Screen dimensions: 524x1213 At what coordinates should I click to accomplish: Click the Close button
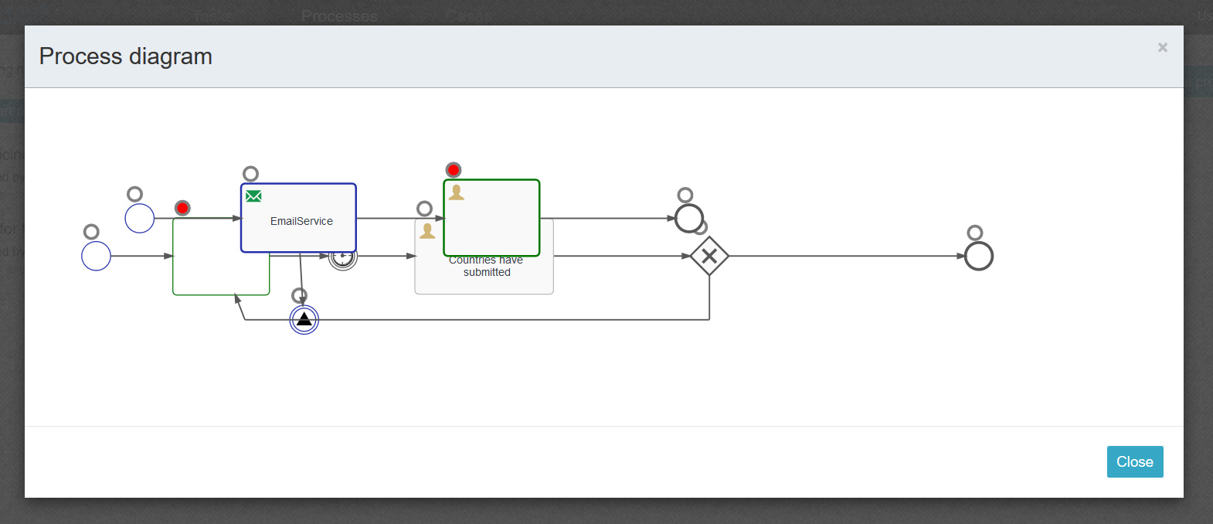pos(1134,461)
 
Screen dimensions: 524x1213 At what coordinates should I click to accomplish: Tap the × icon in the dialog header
pos(1162,48)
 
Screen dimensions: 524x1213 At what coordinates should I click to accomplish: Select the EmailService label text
pos(301,221)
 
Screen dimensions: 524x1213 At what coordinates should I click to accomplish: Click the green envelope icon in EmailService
pos(253,196)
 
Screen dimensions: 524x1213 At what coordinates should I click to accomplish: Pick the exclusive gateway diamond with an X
pos(709,256)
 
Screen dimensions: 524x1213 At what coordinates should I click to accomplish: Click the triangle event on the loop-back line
pos(304,319)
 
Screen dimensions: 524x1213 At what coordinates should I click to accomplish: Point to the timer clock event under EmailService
pos(344,258)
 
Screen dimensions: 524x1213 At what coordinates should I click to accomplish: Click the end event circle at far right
pos(979,256)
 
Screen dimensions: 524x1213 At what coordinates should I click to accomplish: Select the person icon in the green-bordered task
pos(457,192)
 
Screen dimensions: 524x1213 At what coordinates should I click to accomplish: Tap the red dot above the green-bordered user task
pos(454,170)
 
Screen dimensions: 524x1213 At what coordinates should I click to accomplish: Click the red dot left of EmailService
pos(182,208)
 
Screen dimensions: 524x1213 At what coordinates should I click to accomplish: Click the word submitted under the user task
pos(487,272)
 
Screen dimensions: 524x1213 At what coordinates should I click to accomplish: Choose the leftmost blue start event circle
pos(97,256)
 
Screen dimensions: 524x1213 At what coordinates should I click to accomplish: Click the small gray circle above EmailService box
pos(250,174)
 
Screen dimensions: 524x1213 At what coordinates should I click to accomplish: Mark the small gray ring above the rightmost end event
pos(975,233)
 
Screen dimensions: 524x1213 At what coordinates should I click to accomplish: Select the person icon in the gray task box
pos(427,230)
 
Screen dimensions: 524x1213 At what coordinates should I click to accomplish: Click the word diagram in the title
pos(170,56)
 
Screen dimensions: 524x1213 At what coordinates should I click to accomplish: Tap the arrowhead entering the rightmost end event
pos(960,256)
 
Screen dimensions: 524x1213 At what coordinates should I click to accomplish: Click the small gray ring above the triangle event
pos(299,295)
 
